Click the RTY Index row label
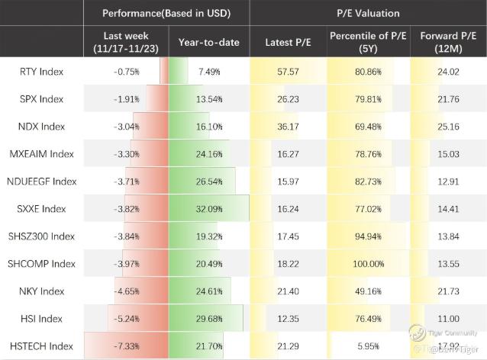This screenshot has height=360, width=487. point(42,72)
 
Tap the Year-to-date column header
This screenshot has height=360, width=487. point(208,43)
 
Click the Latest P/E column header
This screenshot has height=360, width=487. point(287,43)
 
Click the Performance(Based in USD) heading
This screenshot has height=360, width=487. point(166,14)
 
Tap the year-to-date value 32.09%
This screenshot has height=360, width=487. point(208,209)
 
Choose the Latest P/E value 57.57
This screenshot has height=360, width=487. point(287,72)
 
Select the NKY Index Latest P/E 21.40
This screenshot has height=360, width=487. point(287,291)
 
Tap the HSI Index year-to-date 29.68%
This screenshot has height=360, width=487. point(208,319)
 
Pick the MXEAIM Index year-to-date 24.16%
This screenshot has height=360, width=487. point(208,154)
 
